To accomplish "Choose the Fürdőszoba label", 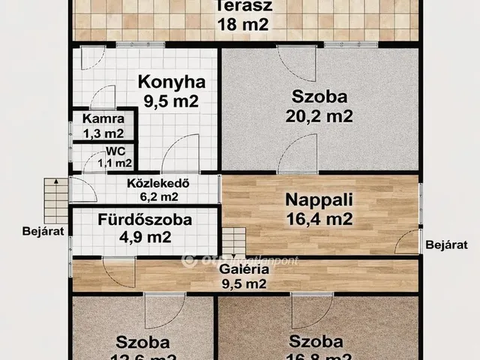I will coord(145,220).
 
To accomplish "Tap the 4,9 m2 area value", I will coord(145,238).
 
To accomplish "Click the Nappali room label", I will coord(318,201).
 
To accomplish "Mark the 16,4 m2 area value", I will coord(318,220).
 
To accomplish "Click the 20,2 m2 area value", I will coord(318,115).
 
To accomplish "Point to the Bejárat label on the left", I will coord(46,229).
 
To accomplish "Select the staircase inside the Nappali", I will coord(233,241).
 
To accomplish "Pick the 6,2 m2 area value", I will coord(158,196).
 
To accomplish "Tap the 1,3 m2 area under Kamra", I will coord(103,133).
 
